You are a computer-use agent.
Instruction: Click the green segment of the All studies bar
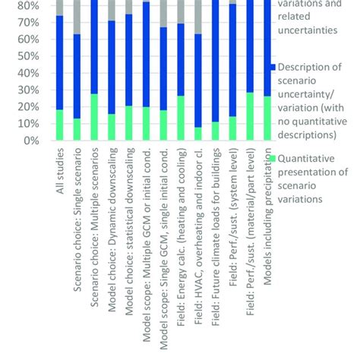60,125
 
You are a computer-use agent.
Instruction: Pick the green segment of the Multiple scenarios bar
94,117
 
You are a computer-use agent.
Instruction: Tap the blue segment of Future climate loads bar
215,61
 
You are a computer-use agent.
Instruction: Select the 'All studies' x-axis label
61,172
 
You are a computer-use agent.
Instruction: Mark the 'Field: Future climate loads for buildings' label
216,235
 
